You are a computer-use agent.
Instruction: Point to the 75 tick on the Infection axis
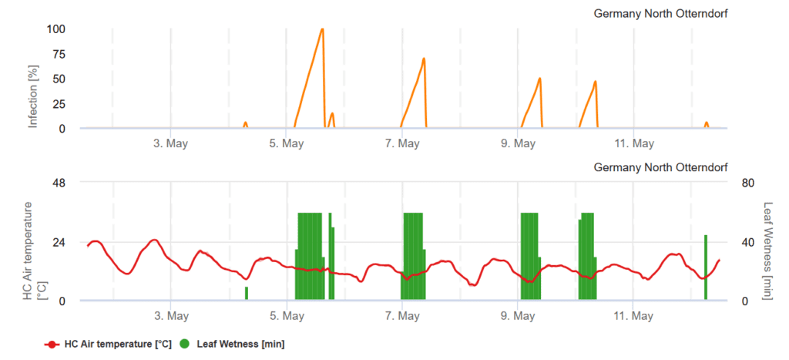click(x=58, y=55)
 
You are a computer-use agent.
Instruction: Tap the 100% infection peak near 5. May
click(x=322, y=29)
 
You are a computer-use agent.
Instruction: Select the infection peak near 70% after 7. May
click(x=424, y=59)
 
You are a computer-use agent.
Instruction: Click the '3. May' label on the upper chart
click(x=171, y=143)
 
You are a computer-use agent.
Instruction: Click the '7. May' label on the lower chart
click(x=402, y=316)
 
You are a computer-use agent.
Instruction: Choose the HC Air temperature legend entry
click(x=109, y=345)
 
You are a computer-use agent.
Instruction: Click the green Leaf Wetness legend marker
click(x=185, y=345)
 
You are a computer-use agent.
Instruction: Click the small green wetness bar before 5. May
click(x=247, y=293)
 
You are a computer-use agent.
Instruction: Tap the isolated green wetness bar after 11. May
click(x=705, y=267)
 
